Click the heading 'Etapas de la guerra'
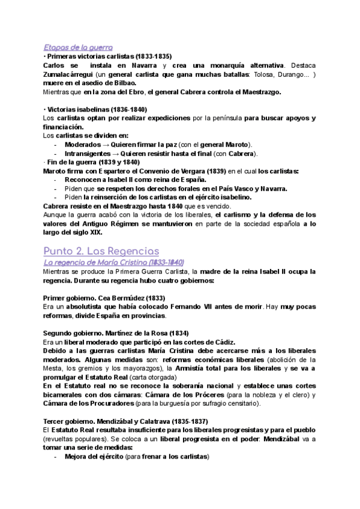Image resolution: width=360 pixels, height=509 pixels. coord(78,47)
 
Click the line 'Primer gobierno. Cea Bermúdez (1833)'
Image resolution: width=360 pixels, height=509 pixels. coord(105,298)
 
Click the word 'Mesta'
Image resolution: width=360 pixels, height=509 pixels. coord(54,368)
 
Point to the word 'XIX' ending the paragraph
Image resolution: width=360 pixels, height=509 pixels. coord(79,232)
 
